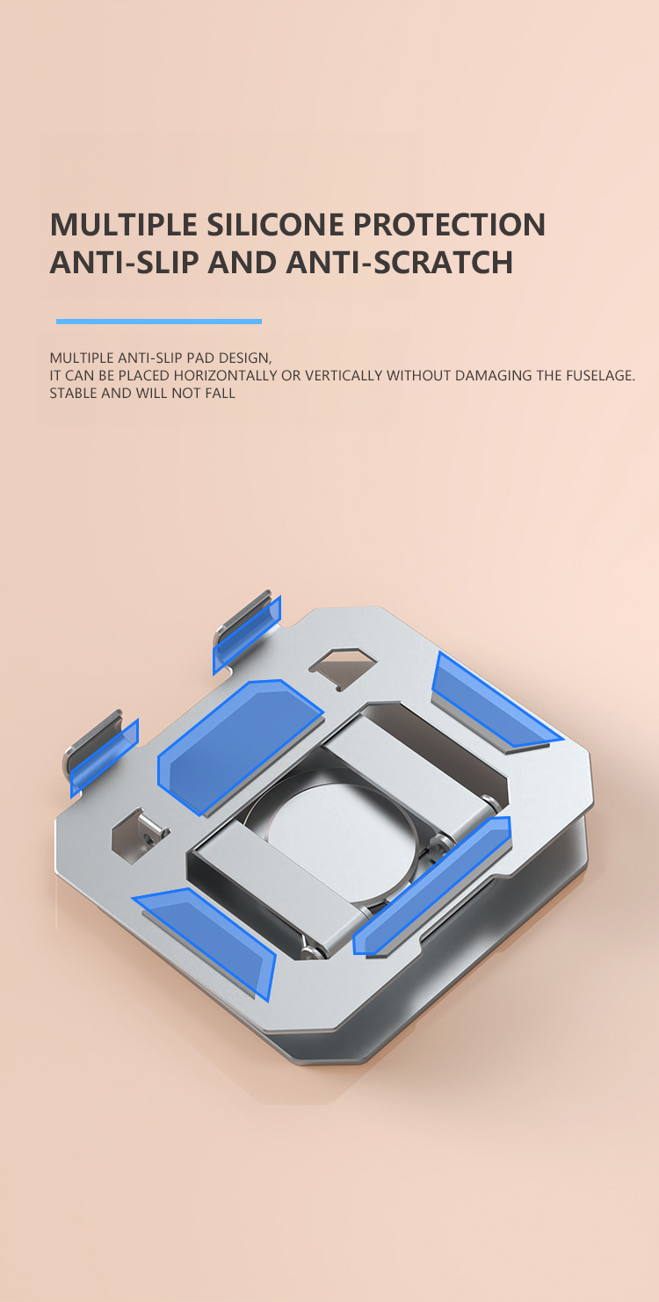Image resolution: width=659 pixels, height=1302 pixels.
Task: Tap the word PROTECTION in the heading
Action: (449, 225)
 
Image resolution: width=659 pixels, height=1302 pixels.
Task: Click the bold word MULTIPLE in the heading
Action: (122, 225)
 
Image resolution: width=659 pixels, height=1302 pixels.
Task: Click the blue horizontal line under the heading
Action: (159, 322)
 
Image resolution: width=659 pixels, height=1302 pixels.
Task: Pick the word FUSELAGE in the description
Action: (598, 376)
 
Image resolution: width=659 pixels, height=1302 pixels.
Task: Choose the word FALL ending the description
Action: (220, 394)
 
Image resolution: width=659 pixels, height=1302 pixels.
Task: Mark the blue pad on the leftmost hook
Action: (105, 755)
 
